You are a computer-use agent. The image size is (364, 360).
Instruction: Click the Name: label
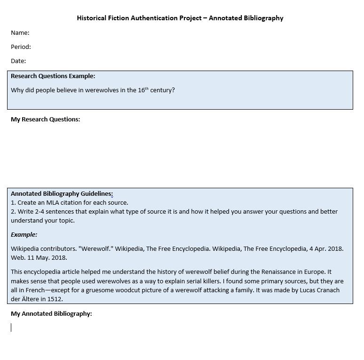20,32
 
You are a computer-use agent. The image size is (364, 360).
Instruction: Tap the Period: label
21,47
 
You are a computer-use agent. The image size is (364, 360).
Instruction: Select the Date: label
18,61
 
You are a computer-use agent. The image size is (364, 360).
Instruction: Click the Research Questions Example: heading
53,76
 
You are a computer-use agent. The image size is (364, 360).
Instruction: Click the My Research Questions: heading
45,119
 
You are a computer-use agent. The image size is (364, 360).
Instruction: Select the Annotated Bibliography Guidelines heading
61,193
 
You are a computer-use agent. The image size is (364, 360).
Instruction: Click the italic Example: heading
24,234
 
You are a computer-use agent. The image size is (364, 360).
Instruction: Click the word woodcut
146,290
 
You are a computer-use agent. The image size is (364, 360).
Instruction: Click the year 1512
55,299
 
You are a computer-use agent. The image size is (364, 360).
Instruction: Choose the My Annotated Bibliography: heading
51,313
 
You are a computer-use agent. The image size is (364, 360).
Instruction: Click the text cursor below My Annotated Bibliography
11,328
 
